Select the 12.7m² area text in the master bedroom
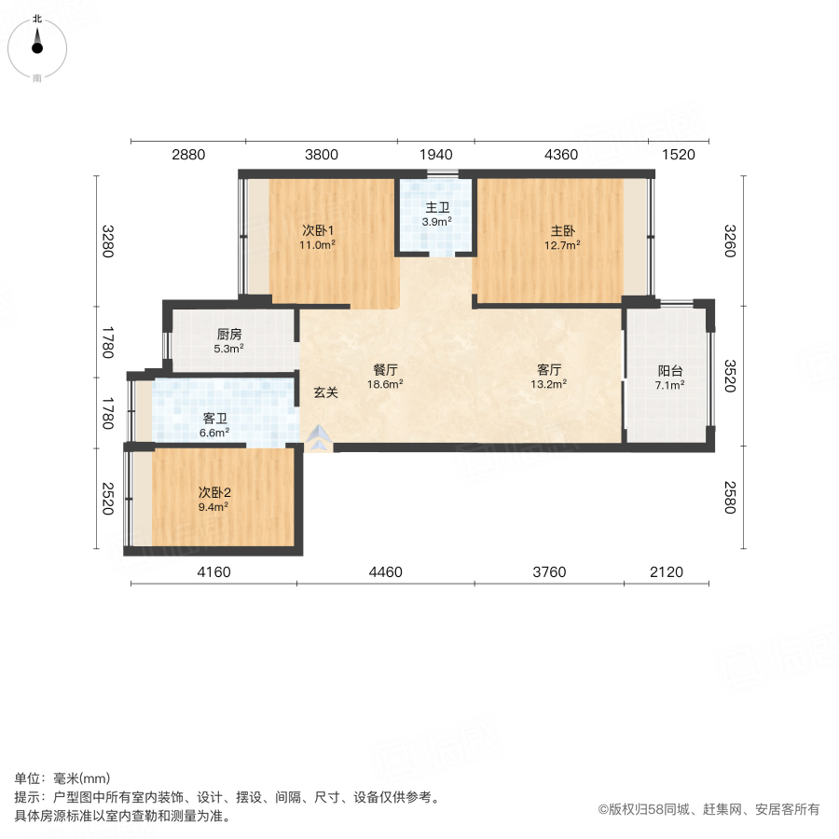563,246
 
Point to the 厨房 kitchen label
229,334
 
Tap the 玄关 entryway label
325,392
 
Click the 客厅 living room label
549,368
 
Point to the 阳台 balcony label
670,370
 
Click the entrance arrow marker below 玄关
318,440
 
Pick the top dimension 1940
436,156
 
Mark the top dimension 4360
560,156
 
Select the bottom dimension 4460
385,571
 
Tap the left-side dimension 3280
109,241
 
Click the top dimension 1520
679,156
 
